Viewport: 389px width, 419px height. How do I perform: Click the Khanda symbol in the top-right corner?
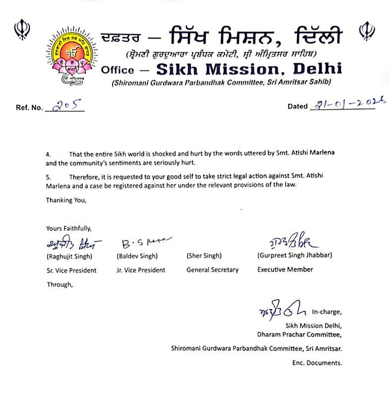tap(366, 30)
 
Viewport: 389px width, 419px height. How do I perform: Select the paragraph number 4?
tap(48, 154)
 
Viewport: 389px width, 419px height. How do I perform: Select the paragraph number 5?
tap(48, 177)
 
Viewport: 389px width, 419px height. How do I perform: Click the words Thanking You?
tap(66, 200)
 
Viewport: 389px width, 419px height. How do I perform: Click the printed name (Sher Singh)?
tap(204, 256)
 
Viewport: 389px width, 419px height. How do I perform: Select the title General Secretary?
tap(213, 270)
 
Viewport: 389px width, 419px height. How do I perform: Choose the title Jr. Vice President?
tap(141, 271)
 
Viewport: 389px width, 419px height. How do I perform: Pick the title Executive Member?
tap(285, 270)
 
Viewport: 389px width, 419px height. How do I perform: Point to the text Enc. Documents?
tap(317, 363)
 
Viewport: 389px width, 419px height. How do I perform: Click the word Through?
tap(59, 284)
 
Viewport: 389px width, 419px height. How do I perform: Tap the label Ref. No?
tap(29, 108)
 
